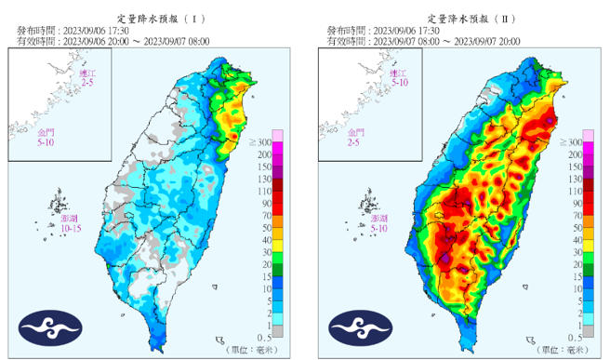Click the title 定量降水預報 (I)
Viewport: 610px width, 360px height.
click(x=152, y=19)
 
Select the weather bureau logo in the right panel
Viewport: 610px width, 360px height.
click(x=357, y=328)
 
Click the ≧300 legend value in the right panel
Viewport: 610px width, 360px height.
click(x=573, y=141)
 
